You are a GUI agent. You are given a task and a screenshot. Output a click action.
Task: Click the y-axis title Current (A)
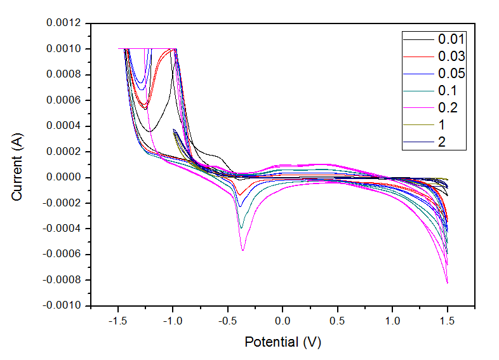[18, 164]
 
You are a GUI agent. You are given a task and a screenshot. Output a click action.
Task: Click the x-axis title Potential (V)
[283, 342]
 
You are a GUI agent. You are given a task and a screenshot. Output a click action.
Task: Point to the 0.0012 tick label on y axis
[63, 23]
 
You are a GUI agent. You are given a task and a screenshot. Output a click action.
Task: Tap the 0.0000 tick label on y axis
[63, 177]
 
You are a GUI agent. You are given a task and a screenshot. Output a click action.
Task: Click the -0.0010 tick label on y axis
[62, 305]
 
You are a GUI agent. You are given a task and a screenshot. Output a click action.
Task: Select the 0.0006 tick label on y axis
[63, 100]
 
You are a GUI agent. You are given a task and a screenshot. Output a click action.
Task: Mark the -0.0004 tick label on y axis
[62, 229]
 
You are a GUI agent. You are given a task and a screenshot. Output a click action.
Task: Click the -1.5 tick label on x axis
[117, 321]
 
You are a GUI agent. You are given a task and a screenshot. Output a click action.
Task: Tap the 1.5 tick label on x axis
[448, 321]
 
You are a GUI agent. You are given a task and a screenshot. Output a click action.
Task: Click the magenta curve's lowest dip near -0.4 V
[243, 250]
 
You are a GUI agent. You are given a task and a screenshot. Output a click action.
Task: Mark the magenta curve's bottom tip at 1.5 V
[447, 283]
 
